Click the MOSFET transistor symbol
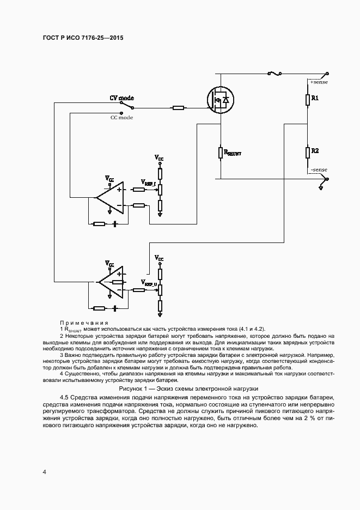point(221,100)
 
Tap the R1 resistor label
point(315,99)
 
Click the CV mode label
point(122,98)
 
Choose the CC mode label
point(121,117)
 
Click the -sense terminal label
point(318,170)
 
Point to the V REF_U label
point(149,283)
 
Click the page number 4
point(44,471)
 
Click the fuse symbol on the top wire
point(274,73)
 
